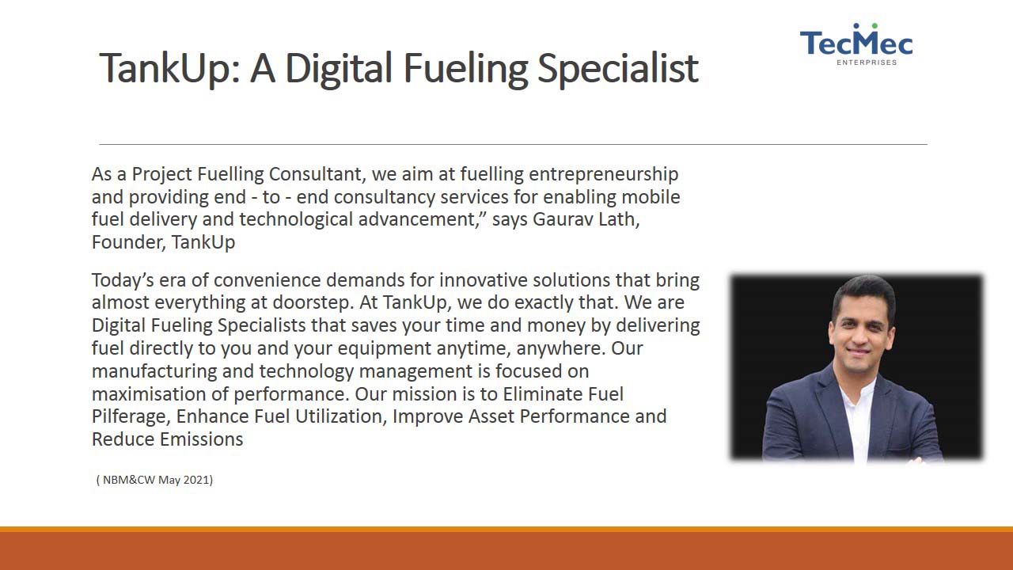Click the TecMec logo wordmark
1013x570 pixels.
(x=856, y=44)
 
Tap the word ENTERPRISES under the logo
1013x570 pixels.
(x=867, y=63)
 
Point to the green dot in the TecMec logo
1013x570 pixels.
(x=875, y=26)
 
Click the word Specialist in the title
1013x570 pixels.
(x=618, y=69)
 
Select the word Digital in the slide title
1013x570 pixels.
(x=339, y=69)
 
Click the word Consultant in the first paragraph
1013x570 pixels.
(x=317, y=174)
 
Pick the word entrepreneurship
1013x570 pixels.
(x=603, y=175)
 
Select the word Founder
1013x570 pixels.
(x=127, y=242)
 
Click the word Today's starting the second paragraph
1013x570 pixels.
(x=123, y=281)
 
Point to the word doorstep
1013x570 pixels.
(x=313, y=303)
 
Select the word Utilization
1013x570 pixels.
(x=340, y=416)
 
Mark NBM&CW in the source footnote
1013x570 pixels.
(x=129, y=480)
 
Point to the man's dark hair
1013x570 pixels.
(x=863, y=292)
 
